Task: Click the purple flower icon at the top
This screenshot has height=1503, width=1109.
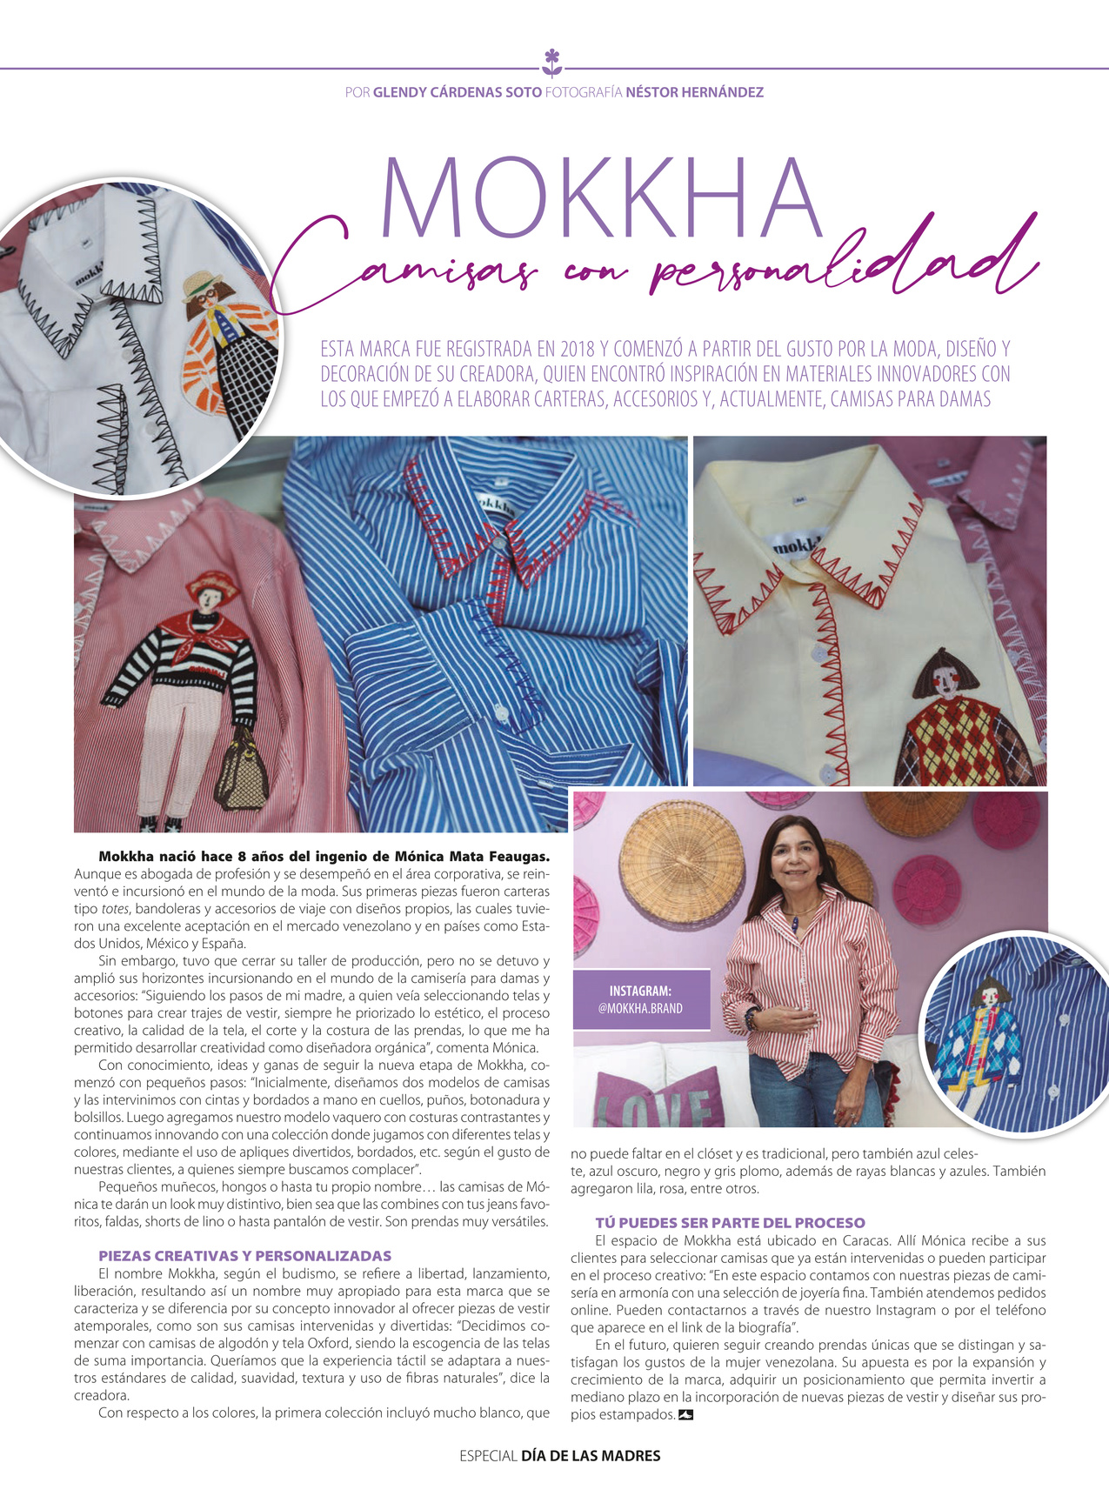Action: (552, 63)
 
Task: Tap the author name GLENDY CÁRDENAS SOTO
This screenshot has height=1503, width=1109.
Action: (457, 92)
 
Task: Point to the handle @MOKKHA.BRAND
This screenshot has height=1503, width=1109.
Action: (640, 1008)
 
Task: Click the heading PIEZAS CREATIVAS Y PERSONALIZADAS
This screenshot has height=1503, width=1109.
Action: (244, 1256)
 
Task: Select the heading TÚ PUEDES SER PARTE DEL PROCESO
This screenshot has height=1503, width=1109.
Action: (730, 1222)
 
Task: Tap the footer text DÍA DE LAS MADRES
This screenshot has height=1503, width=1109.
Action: (591, 1455)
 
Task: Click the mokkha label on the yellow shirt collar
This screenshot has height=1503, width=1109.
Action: (793, 544)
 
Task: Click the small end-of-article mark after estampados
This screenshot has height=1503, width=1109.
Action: (685, 1415)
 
